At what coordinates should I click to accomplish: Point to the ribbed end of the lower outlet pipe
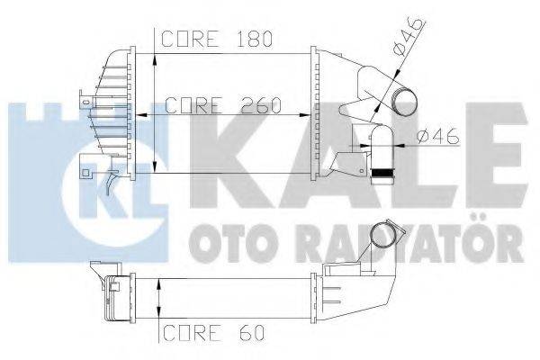pyautogui.click(x=383, y=172)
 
